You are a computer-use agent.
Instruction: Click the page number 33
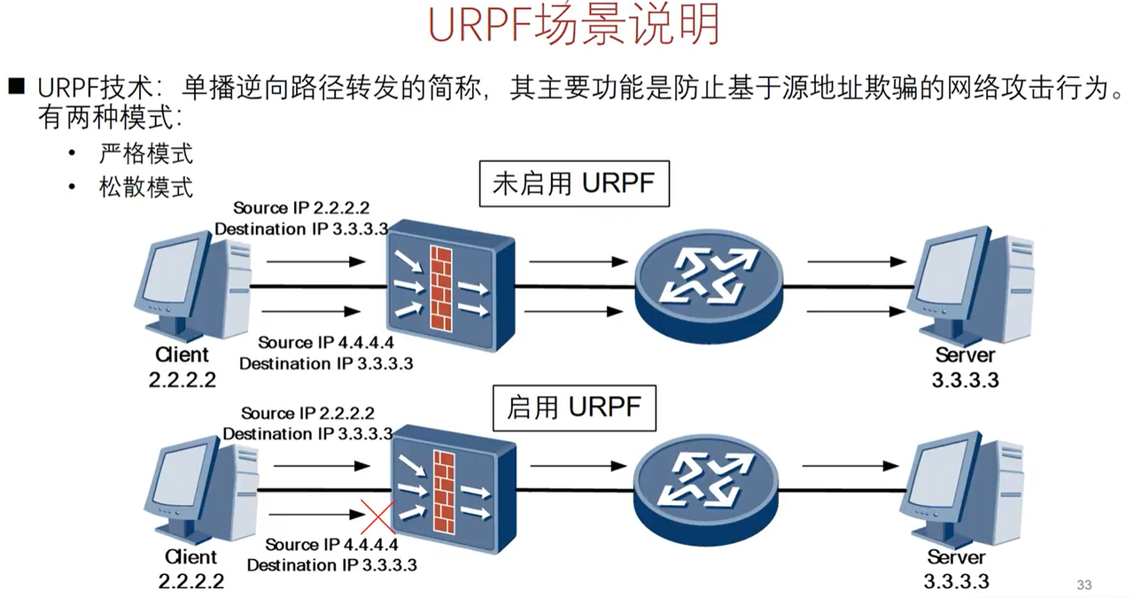(1084, 585)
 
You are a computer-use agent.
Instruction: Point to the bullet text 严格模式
(146, 154)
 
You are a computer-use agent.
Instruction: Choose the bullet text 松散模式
(146, 187)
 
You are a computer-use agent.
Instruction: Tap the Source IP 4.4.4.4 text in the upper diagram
(324, 343)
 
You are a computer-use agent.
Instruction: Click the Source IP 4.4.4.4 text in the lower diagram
(332, 545)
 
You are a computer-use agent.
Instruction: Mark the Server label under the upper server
(965, 356)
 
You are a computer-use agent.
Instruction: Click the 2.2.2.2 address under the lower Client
(191, 582)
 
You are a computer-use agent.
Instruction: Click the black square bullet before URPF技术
(17, 86)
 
